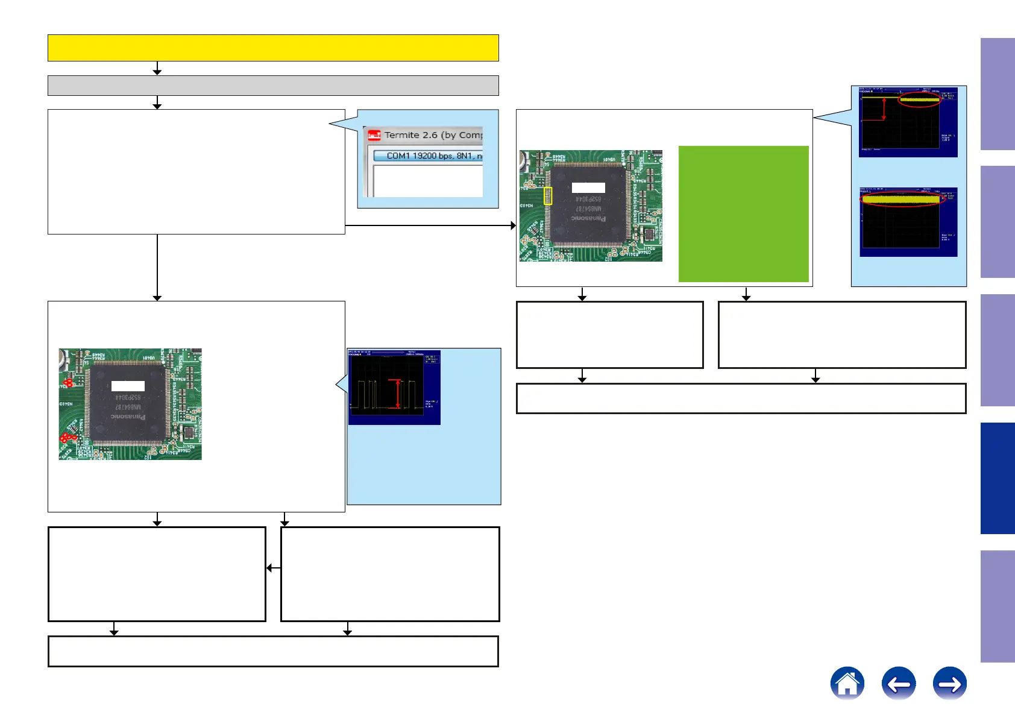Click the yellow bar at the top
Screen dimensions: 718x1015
pyautogui.click(x=273, y=48)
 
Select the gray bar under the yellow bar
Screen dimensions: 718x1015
pyautogui.click(x=273, y=86)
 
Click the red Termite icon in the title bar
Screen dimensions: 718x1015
pyautogui.click(x=374, y=136)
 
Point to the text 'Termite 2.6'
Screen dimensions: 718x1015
pyautogui.click(x=410, y=135)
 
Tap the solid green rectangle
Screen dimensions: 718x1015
pyautogui.click(x=743, y=213)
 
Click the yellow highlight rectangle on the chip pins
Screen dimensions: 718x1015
pyautogui.click(x=548, y=196)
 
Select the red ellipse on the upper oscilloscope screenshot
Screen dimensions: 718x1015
pyautogui.click(x=919, y=99)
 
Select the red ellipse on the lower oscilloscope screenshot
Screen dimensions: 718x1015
pyautogui.click(x=901, y=199)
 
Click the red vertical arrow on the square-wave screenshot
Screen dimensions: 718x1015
pyautogui.click(x=397, y=394)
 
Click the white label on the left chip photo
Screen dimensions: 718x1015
pyautogui.click(x=128, y=386)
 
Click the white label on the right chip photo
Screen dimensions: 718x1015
pyautogui.click(x=588, y=187)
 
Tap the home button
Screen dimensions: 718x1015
pyautogui.click(x=847, y=684)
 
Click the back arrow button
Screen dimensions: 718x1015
pyautogui.click(x=898, y=684)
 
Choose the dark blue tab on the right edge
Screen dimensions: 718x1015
pyautogui.click(x=997, y=478)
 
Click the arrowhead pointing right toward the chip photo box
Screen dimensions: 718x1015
pyautogui.click(x=513, y=225)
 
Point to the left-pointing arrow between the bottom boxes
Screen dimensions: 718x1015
pyautogui.click(x=269, y=567)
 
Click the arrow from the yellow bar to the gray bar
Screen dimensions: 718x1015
pyautogui.click(x=157, y=70)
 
